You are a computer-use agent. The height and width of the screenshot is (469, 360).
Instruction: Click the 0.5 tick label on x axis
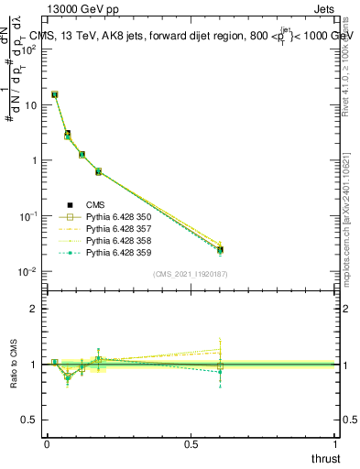[x=191, y=444]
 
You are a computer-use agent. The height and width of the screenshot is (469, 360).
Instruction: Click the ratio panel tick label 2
[x=33, y=309]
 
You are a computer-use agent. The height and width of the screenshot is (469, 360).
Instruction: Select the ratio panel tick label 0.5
[x=29, y=420]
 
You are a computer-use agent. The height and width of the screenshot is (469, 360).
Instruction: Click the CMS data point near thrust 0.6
[x=220, y=249]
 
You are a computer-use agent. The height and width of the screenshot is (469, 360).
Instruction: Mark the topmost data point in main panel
[x=55, y=94]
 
